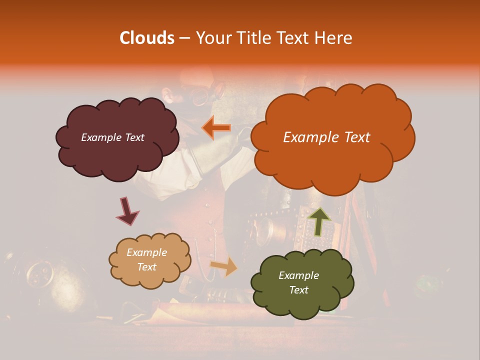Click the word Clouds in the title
pyautogui.click(x=147, y=38)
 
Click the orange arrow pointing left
pyautogui.click(x=216, y=128)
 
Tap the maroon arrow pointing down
pyautogui.click(x=127, y=211)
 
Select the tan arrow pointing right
pyautogui.click(x=224, y=266)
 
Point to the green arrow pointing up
pyautogui.click(x=318, y=221)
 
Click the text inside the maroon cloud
pyautogui.click(x=112, y=137)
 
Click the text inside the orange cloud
pyautogui.click(x=326, y=137)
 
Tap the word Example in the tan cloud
pyautogui.click(x=146, y=252)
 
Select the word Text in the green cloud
pyautogui.click(x=298, y=290)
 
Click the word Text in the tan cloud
pyautogui.click(x=146, y=267)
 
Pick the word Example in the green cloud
pyautogui.click(x=298, y=275)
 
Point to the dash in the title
pyautogui.click(x=184, y=38)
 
